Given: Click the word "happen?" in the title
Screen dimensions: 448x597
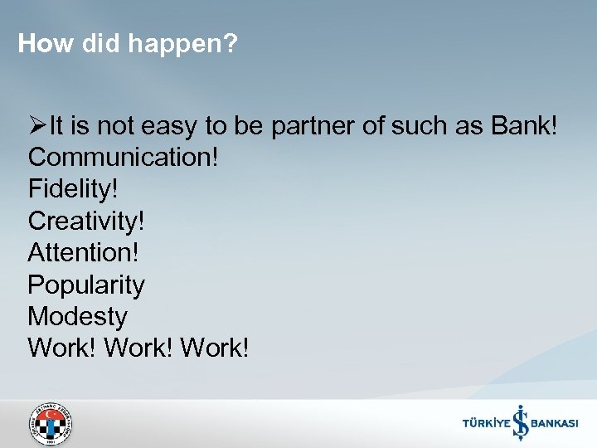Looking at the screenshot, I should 183,44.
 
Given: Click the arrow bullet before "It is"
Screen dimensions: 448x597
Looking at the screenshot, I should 36,127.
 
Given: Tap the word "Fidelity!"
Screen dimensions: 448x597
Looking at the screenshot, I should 73,191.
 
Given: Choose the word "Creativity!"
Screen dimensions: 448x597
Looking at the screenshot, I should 85,222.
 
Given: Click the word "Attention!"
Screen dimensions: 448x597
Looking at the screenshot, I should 83,254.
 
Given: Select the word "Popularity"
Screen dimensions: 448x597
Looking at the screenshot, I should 86,285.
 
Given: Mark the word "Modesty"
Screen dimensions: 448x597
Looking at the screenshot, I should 78,317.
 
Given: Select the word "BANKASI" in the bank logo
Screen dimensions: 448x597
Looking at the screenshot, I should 554,424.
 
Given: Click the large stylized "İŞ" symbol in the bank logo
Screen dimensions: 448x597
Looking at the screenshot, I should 520,421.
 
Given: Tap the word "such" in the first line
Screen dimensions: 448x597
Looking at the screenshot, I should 416,127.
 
